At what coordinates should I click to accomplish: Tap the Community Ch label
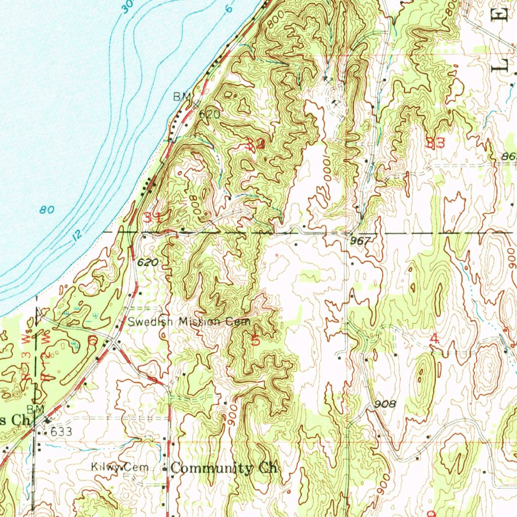pyautogui.click(x=224, y=468)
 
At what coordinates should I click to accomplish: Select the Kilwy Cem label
pyautogui.click(x=120, y=468)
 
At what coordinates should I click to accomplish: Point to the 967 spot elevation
pyautogui.click(x=360, y=241)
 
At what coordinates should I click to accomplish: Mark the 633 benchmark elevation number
pyautogui.click(x=62, y=432)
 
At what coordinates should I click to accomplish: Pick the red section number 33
pyautogui.click(x=435, y=143)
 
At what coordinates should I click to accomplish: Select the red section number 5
pyautogui.click(x=255, y=340)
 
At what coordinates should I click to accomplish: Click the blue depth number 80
pyautogui.click(x=47, y=210)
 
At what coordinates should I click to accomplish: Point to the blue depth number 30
pyautogui.click(x=127, y=6)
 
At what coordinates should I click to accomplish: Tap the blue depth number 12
pyautogui.click(x=76, y=235)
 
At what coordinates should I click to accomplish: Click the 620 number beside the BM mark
pyautogui.click(x=209, y=115)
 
